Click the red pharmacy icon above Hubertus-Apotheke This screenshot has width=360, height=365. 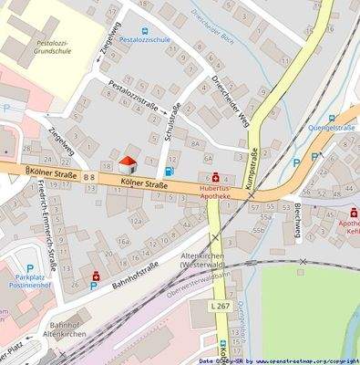pos(215,177)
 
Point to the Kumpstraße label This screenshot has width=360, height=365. pos(251,169)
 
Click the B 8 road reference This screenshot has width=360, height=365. pos(88,174)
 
